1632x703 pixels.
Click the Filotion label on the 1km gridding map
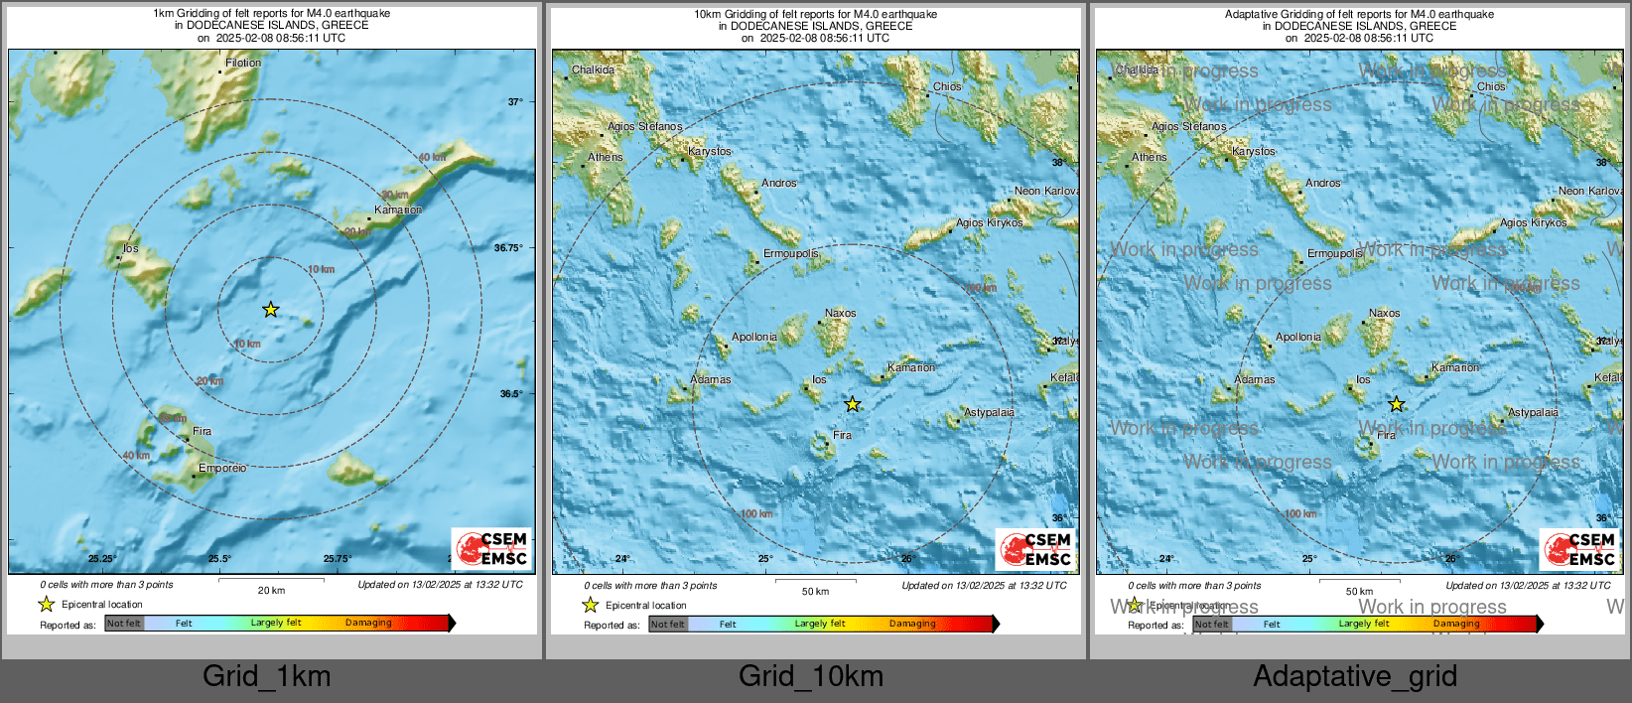[243, 63]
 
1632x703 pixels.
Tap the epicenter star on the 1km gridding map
[270, 310]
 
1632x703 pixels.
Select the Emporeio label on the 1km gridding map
[222, 468]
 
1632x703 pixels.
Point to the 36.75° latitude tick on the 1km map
[507, 248]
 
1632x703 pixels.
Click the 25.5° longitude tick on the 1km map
[219, 559]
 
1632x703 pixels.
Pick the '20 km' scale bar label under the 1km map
[271, 591]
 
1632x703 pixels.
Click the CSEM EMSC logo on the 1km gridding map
[492, 548]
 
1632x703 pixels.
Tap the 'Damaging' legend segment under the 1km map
[368, 624]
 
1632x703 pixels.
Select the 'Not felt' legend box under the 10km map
[667, 625]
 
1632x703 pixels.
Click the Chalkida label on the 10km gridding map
[593, 70]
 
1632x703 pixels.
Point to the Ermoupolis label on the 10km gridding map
[790, 253]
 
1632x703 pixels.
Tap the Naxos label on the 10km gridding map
[840, 313]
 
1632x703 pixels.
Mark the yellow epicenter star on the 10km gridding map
[853, 404]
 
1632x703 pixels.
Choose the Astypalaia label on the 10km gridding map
[989, 412]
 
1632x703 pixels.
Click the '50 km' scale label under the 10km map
[815, 592]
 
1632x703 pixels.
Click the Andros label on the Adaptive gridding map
[1323, 183]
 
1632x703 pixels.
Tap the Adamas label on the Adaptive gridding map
[1255, 379]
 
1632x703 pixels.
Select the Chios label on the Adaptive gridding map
[1491, 86]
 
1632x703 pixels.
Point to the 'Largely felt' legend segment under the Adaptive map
[1364, 625]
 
